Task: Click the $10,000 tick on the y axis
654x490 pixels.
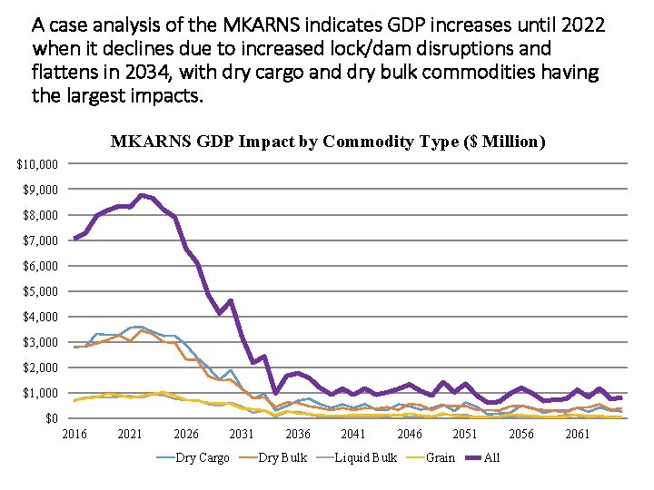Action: [38, 164]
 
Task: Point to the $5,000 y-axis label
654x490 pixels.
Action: [41, 291]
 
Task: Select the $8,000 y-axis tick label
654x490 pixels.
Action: [41, 215]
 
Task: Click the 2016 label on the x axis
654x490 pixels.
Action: [74, 435]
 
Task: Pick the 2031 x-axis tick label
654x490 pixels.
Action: [242, 435]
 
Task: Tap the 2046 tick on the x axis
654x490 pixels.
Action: [410, 435]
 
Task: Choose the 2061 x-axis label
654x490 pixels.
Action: [577, 435]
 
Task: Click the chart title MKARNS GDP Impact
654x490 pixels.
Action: [327, 142]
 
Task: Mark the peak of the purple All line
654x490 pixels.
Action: [141, 195]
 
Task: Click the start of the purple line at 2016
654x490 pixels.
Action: [74, 239]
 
